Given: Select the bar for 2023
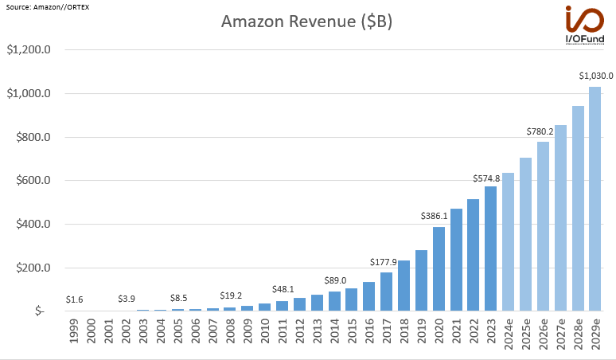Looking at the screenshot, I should pyautogui.click(x=491, y=248).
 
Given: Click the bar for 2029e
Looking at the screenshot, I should pyautogui.click(x=595, y=198).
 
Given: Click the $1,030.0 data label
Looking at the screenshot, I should pyautogui.click(x=595, y=76).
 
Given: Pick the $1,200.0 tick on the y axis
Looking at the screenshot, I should pyautogui.click(x=29, y=50).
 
